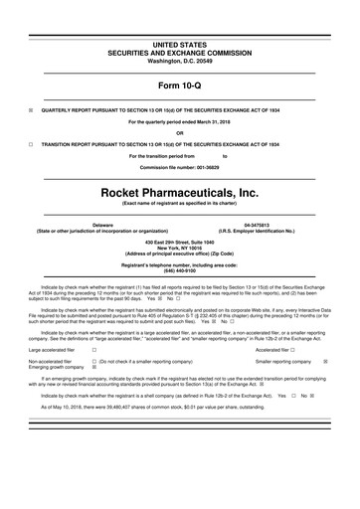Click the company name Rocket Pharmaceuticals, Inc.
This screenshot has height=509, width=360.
(x=180, y=186)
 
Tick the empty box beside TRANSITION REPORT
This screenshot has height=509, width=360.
(x=32, y=144)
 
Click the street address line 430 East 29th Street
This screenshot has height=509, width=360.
(x=180, y=242)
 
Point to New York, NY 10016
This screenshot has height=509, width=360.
(x=180, y=248)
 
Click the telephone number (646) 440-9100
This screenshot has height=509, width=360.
(x=180, y=271)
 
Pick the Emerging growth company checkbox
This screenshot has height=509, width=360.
(x=93, y=368)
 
